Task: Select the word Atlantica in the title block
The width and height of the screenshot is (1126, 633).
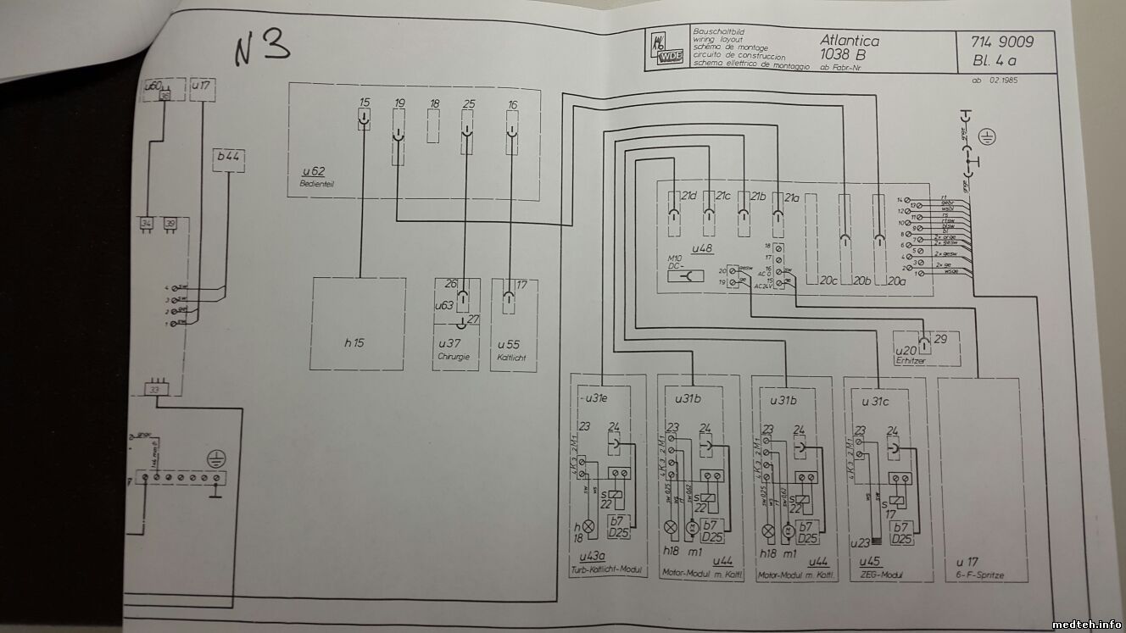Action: [850, 40]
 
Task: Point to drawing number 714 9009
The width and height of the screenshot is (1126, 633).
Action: [1002, 42]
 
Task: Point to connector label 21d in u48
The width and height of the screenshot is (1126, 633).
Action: [688, 197]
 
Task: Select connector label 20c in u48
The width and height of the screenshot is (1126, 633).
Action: [828, 280]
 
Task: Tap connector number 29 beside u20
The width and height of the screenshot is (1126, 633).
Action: [941, 340]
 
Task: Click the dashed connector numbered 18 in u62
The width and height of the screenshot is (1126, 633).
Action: [434, 128]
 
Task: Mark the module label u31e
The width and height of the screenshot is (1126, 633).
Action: [593, 397]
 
